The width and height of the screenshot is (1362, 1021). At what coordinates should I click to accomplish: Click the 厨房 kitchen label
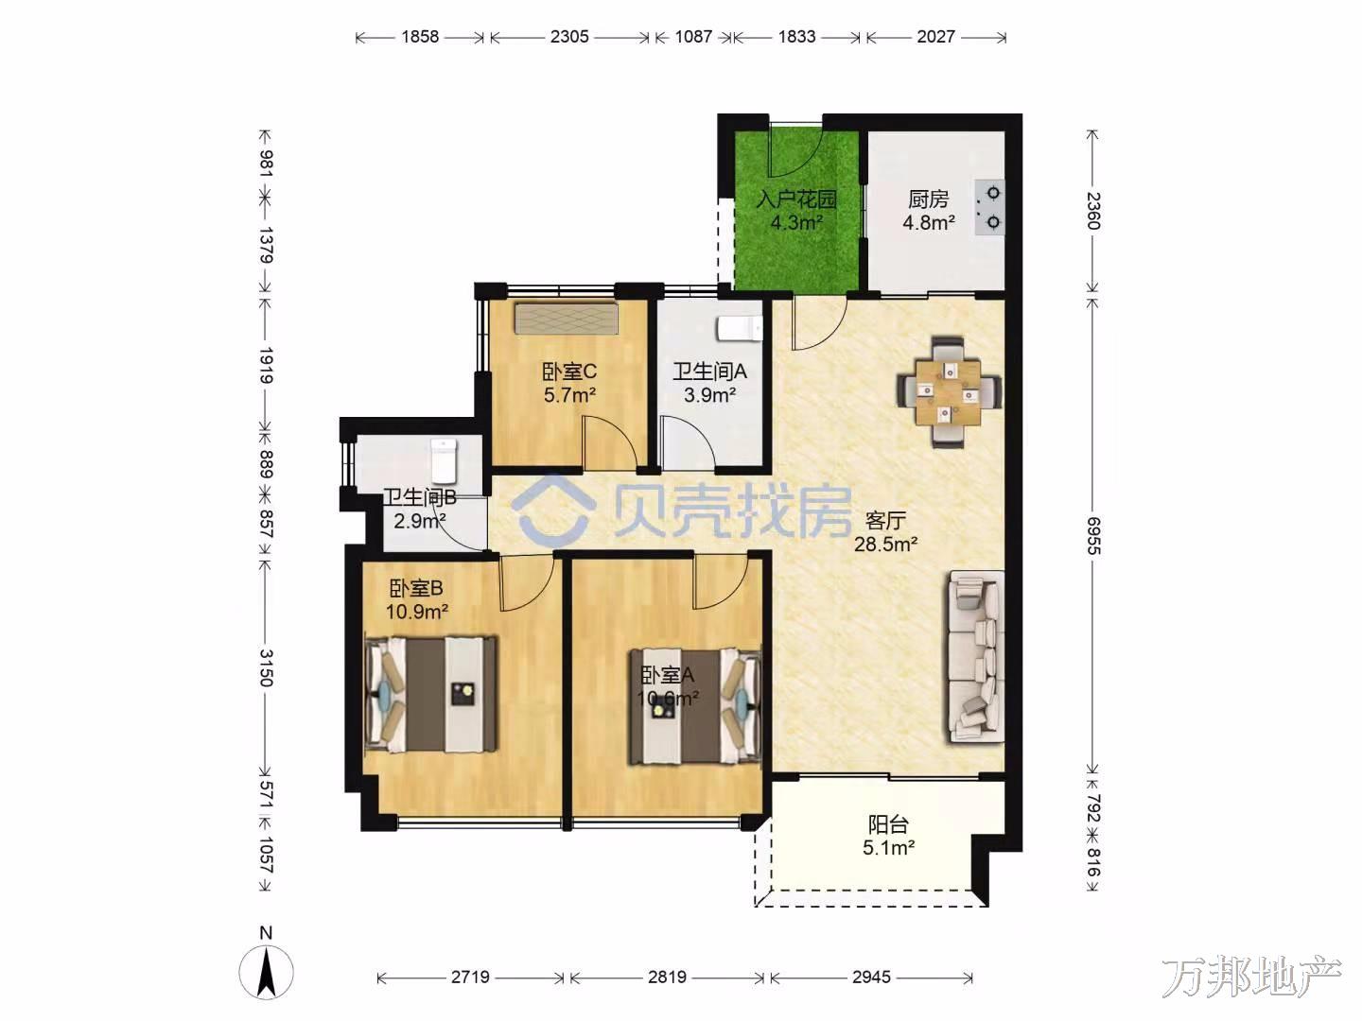point(928,199)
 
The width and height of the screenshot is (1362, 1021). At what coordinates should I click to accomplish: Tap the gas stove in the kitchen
point(989,208)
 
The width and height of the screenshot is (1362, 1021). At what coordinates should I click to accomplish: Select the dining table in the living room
point(949,391)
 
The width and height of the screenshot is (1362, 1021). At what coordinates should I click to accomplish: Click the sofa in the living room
point(976,657)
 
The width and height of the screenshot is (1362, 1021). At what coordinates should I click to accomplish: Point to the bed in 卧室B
point(432,694)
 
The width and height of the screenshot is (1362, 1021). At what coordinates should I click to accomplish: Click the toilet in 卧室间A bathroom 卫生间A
point(740,328)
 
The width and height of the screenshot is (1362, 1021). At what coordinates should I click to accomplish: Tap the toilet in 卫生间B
point(444,460)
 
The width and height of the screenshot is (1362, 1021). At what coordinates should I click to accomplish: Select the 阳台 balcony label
point(888,824)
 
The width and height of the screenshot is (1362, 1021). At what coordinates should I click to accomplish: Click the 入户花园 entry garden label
point(796,199)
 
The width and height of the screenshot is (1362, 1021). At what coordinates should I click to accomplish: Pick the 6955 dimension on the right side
point(1092,536)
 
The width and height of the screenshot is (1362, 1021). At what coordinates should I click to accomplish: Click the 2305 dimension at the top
point(569,37)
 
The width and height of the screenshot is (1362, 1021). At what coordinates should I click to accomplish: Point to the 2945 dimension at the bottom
point(871,977)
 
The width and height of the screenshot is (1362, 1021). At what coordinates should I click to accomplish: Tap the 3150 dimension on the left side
point(266,667)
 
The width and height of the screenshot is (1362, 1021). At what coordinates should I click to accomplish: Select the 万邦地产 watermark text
point(1251,977)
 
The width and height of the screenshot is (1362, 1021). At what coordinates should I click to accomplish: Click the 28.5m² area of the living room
point(886,545)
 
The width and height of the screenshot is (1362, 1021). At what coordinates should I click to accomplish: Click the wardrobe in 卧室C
point(566,318)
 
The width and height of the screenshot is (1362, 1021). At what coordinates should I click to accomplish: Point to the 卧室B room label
point(416,588)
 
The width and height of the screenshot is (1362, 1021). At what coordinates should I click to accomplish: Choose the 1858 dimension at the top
point(419,37)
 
